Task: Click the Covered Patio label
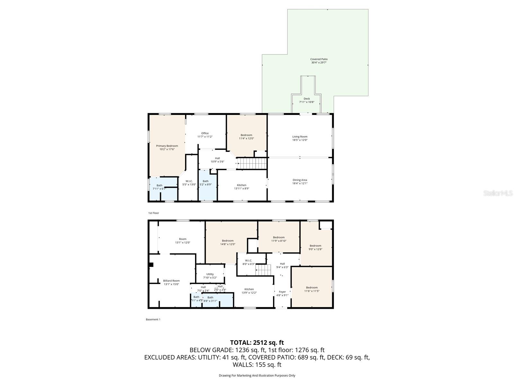(319, 61)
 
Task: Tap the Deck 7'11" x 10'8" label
(306, 100)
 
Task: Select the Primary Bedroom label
(167, 147)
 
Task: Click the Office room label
(205, 135)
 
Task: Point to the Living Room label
(300, 138)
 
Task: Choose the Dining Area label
(300, 181)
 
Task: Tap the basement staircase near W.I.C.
(263, 270)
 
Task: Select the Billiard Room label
(171, 282)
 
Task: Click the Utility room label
(210, 276)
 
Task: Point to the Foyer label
(282, 293)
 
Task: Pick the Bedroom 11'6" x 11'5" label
(311, 289)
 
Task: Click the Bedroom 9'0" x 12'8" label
(315, 247)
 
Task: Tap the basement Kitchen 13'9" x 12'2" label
(249, 291)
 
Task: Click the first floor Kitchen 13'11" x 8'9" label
(242, 187)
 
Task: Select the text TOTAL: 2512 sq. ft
(257, 343)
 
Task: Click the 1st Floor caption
(154, 213)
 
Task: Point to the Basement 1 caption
(153, 319)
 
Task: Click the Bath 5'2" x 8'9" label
(205, 183)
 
